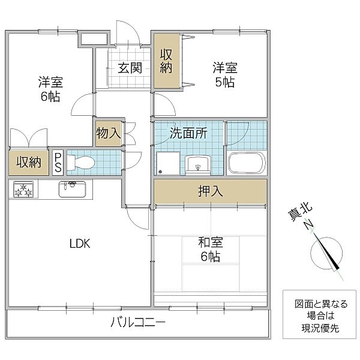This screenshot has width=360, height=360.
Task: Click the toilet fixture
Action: (x=81, y=163)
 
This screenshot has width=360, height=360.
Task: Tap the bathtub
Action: (x=247, y=163)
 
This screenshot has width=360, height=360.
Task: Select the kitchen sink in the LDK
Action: (x=72, y=189)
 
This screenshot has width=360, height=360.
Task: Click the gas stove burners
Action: (x=23, y=190)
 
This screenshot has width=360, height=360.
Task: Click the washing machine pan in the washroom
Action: (x=168, y=163)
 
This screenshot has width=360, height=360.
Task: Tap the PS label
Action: (x=58, y=163)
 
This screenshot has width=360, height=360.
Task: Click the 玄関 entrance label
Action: (x=130, y=68)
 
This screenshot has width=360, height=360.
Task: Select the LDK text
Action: (x=80, y=244)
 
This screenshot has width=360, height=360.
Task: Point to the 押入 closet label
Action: (x=211, y=191)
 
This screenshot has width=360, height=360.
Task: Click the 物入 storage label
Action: (x=109, y=133)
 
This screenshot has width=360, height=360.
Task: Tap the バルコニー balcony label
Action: (x=138, y=322)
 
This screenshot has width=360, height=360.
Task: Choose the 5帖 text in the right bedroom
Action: (x=225, y=82)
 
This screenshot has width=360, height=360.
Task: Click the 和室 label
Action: (x=211, y=242)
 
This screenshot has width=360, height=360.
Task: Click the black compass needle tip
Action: (x=338, y=269)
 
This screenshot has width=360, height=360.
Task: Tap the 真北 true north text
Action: (x=300, y=211)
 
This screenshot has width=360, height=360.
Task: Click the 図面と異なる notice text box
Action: (x=320, y=314)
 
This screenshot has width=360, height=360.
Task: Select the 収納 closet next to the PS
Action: (x=29, y=163)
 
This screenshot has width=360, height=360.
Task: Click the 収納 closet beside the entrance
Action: (x=166, y=61)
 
